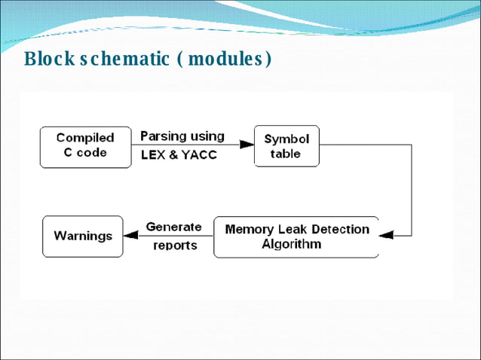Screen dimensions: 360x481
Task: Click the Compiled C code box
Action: click(84, 145)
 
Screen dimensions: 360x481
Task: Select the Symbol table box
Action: click(286, 146)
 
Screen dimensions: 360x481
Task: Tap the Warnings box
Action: click(82, 236)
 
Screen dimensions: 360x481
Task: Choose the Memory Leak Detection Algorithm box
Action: click(296, 236)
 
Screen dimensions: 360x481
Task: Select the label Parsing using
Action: click(182, 136)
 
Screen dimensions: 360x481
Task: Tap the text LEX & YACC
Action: click(178, 155)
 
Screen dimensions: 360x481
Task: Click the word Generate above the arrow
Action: click(173, 227)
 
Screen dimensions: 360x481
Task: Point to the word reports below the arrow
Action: click(175, 246)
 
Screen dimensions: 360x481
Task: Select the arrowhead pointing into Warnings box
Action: click(130, 236)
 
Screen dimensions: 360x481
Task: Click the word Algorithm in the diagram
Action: click(291, 244)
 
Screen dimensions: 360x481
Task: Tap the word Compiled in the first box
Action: click(85, 138)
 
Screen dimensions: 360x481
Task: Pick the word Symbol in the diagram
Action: click(286, 139)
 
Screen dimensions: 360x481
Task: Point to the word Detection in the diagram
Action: click(337, 229)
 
